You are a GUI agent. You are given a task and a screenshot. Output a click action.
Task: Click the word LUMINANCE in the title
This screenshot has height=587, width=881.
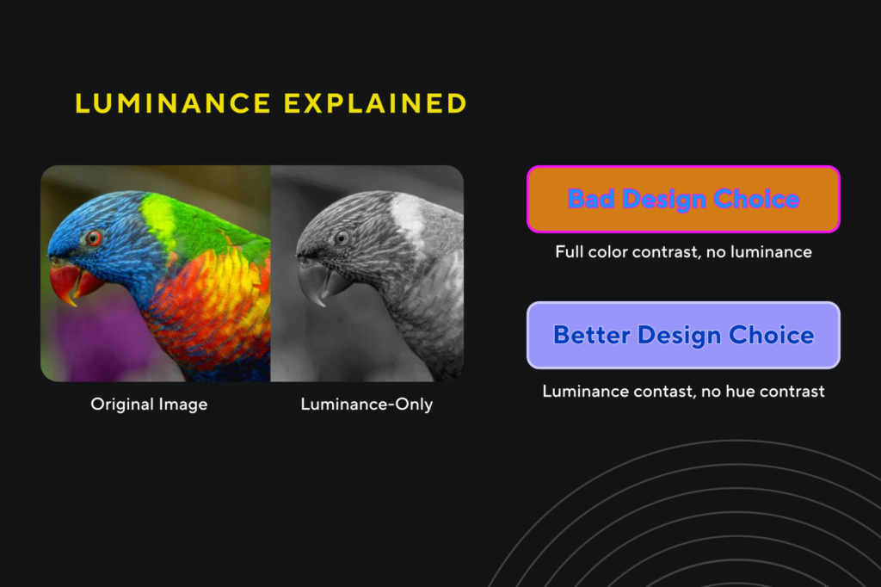point(173,103)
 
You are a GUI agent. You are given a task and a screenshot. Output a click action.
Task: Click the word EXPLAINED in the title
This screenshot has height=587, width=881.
point(375,103)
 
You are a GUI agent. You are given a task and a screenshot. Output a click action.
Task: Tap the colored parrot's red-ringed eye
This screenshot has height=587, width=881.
point(93,238)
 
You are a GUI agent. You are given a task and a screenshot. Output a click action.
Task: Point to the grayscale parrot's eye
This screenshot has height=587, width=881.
point(341,238)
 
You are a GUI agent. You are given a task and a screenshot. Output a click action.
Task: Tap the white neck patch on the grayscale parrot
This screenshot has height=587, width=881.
point(407,217)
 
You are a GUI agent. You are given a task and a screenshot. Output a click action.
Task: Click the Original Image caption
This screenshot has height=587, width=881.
point(149,405)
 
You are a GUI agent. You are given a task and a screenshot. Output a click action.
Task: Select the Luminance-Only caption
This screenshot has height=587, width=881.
point(367,405)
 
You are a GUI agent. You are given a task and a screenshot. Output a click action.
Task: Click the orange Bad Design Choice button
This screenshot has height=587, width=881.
point(683,199)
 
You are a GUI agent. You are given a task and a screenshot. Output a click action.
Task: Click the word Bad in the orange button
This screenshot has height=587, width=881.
point(590,199)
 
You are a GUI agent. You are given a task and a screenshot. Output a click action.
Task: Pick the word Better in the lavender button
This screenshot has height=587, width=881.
point(592,335)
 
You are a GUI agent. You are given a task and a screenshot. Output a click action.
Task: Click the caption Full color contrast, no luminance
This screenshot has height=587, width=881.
point(683,252)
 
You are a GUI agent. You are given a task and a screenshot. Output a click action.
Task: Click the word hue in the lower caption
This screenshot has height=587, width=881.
point(740,392)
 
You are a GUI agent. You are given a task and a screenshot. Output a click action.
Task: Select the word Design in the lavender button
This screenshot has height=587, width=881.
point(680,336)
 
